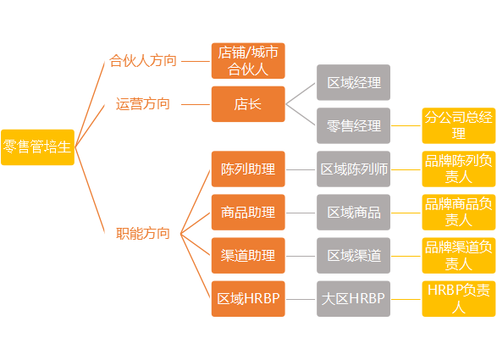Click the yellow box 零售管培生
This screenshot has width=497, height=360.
pyautogui.click(x=38, y=147)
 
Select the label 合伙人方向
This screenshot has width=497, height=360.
pyautogui.click(x=143, y=61)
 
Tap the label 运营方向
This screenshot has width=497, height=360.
pyautogui.click(x=143, y=104)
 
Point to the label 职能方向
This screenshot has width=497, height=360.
pyautogui.click(x=143, y=234)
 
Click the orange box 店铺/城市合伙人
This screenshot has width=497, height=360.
pyautogui.click(x=248, y=61)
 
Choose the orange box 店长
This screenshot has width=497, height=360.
pyautogui.click(x=248, y=104)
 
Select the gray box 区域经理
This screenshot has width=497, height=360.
pyautogui.click(x=353, y=82)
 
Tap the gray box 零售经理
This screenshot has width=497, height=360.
pyautogui.click(x=353, y=125)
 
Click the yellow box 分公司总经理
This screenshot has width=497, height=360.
pyautogui.click(x=459, y=125)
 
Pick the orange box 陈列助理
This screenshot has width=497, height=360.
pyautogui.click(x=248, y=169)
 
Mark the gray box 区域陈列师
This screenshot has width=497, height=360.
pyautogui.click(x=353, y=169)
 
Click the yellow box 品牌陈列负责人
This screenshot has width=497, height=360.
pyautogui.click(x=459, y=169)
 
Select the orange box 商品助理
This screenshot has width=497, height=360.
pyautogui.click(x=248, y=213)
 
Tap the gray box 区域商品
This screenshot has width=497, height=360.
pyautogui.click(x=353, y=213)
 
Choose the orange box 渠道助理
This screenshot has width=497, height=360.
pyautogui.click(x=248, y=256)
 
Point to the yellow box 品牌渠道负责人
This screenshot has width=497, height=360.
pyautogui.click(x=459, y=256)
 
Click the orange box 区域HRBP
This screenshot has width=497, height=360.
pyautogui.click(x=248, y=299)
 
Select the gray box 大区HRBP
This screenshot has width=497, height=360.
pyautogui.click(x=353, y=299)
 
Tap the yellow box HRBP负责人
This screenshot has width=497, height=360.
pyautogui.click(x=459, y=299)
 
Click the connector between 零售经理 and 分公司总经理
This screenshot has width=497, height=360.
pyautogui.click(x=406, y=126)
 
